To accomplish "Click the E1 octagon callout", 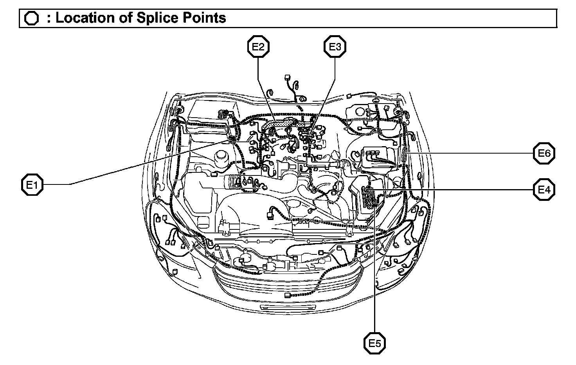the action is (32, 185).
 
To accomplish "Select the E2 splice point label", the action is (258, 47).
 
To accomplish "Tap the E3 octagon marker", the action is (335, 47).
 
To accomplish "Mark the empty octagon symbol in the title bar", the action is (32, 18).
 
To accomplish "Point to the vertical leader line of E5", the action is (375, 274).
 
